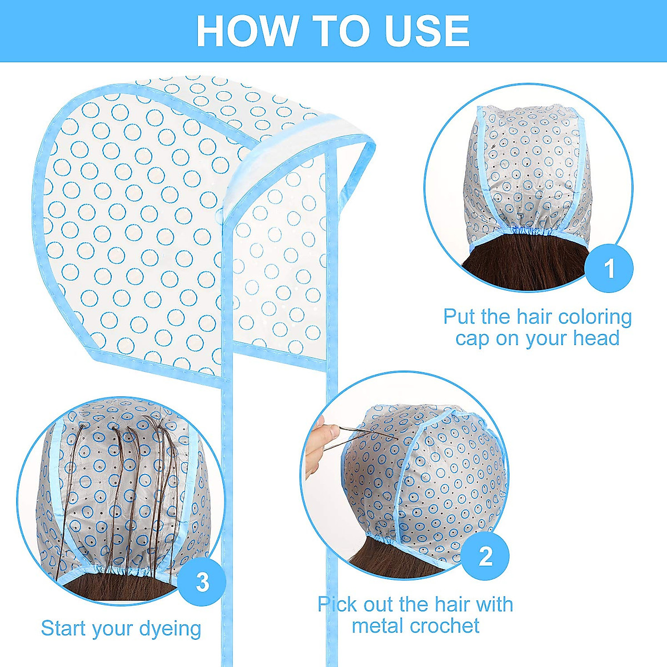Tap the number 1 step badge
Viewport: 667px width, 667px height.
(609, 268)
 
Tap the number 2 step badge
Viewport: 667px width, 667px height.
(485, 555)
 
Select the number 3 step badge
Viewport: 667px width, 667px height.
(202, 581)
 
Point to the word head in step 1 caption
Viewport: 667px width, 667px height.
(594, 339)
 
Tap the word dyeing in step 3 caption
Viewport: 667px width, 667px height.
(170, 629)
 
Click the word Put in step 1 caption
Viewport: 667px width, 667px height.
(460, 317)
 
